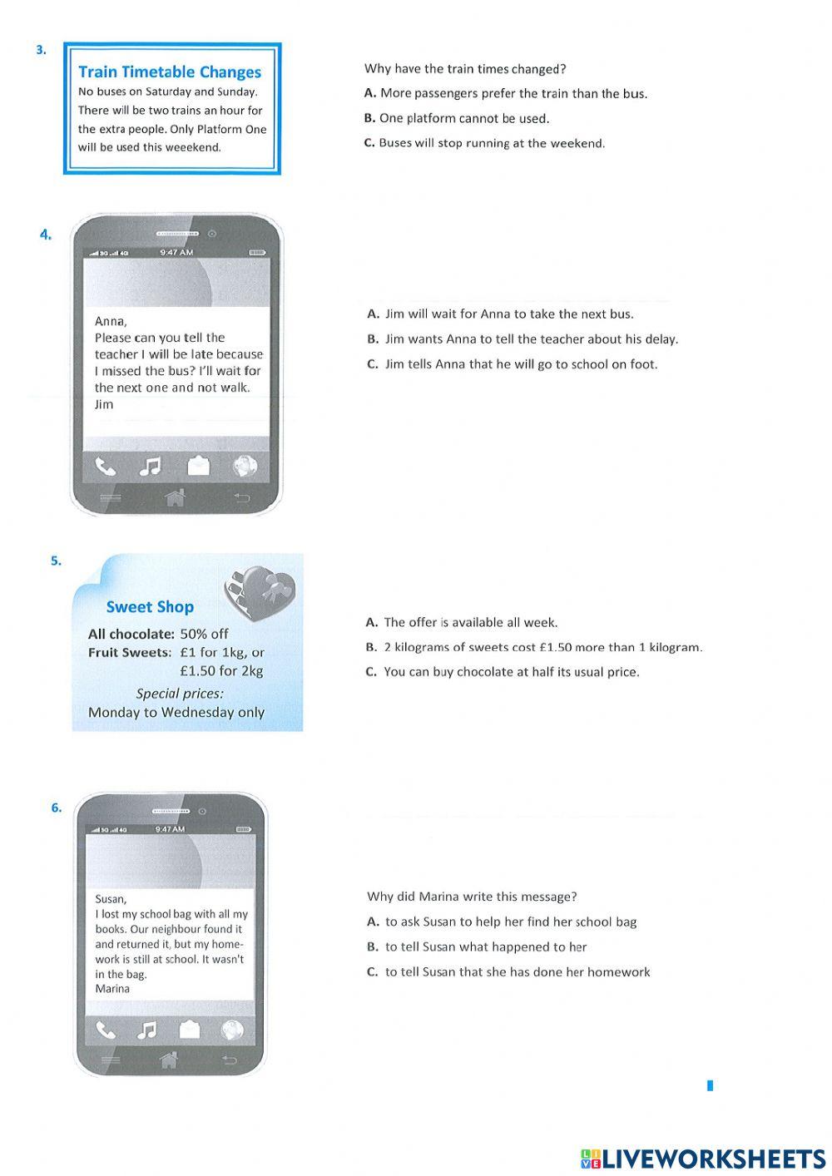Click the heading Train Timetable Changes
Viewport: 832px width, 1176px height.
pyautogui.click(x=170, y=72)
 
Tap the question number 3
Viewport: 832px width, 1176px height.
pyautogui.click(x=41, y=50)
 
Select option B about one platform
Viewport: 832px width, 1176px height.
pyautogui.click(x=456, y=118)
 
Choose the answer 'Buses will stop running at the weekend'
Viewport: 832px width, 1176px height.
pyautogui.click(x=484, y=143)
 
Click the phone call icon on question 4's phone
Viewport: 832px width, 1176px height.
pyautogui.click(x=105, y=467)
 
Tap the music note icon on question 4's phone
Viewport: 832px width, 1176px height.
pyautogui.click(x=150, y=467)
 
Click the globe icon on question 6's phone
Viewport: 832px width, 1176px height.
pyautogui.click(x=232, y=1030)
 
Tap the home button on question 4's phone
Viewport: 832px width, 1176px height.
pyautogui.click(x=175, y=497)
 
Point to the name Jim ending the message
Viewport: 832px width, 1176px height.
pyautogui.click(x=104, y=404)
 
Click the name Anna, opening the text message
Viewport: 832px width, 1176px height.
pyautogui.click(x=111, y=321)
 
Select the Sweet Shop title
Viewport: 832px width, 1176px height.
pyautogui.click(x=150, y=607)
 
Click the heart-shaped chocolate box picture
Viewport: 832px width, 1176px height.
pyautogui.click(x=258, y=590)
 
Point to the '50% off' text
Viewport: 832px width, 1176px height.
pyautogui.click(x=204, y=634)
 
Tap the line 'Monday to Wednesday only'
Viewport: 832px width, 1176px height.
pyautogui.click(x=176, y=712)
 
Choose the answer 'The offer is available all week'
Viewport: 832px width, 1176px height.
pyautogui.click(x=462, y=622)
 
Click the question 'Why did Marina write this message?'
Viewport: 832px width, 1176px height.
pyautogui.click(x=472, y=897)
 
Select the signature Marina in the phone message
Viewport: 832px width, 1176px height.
pyautogui.click(x=112, y=989)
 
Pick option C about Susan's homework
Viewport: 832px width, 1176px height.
pyautogui.click(x=508, y=971)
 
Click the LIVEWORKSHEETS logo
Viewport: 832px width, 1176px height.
pyautogui.click(x=703, y=1159)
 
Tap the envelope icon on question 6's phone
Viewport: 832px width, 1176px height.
pyautogui.click(x=190, y=1030)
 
